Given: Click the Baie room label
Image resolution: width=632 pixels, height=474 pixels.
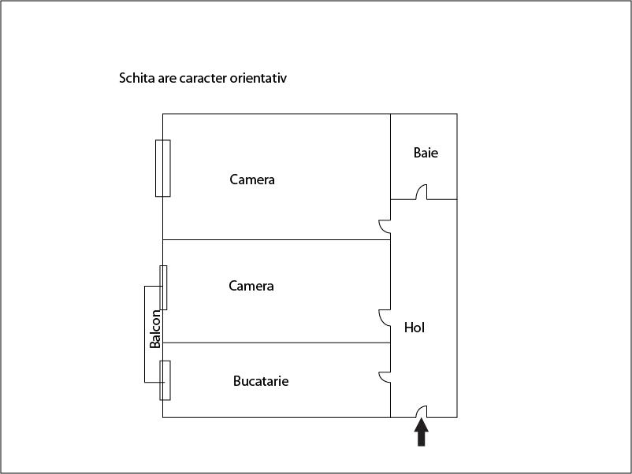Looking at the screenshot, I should [x=426, y=153].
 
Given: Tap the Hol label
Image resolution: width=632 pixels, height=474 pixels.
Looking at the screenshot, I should [x=415, y=328].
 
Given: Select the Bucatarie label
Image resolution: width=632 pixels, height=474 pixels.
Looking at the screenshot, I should [x=261, y=381].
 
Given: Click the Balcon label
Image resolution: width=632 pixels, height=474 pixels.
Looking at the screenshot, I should [x=156, y=329].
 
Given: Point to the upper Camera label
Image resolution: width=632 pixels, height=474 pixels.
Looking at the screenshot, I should [x=252, y=180].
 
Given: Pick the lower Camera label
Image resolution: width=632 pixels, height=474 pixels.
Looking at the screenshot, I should [x=251, y=286].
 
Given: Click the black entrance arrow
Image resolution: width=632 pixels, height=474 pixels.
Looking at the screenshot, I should [x=422, y=432].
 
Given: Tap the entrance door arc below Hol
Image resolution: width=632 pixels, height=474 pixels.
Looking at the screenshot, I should [x=422, y=411].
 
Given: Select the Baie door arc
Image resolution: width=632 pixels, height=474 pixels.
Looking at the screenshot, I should [x=422, y=192].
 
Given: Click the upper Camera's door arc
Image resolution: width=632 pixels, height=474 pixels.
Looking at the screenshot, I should [x=385, y=227].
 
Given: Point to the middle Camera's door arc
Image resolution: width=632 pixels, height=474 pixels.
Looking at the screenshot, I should [x=385, y=317].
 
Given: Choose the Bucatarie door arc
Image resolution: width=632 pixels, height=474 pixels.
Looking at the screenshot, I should [x=385, y=376].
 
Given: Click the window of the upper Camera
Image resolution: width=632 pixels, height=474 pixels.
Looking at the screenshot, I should [x=163, y=168].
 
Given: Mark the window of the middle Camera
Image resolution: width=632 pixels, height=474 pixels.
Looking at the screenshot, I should [x=164, y=287].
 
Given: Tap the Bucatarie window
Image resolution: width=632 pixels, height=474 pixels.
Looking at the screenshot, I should [x=165, y=380].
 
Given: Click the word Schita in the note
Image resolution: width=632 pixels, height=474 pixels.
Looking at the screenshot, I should [x=137, y=79].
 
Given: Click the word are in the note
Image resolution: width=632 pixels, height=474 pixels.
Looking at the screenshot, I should [x=168, y=79].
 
